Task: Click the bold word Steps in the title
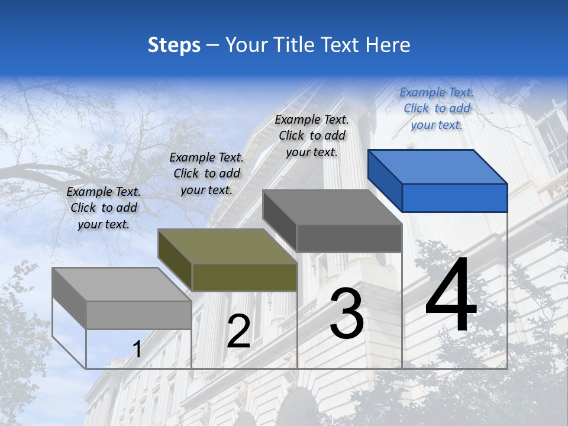click(x=173, y=45)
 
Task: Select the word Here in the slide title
click(x=388, y=45)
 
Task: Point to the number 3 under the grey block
click(x=347, y=314)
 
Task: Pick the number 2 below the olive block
click(x=238, y=331)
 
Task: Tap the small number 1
click(x=137, y=350)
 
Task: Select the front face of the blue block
click(x=454, y=198)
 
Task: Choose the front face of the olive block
click(x=244, y=277)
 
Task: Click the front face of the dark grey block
click(x=349, y=238)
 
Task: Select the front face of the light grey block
click(x=139, y=315)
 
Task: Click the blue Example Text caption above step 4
click(x=437, y=108)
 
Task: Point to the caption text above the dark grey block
click(x=312, y=135)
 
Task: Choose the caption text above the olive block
click(x=206, y=173)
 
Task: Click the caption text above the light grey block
click(x=104, y=208)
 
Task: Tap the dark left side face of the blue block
click(x=385, y=180)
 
